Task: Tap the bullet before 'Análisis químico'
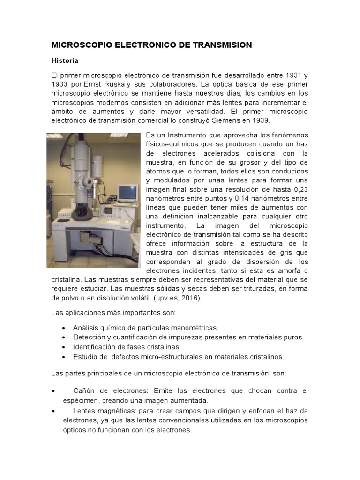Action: point(64,328)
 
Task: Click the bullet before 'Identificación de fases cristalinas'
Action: point(64,347)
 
